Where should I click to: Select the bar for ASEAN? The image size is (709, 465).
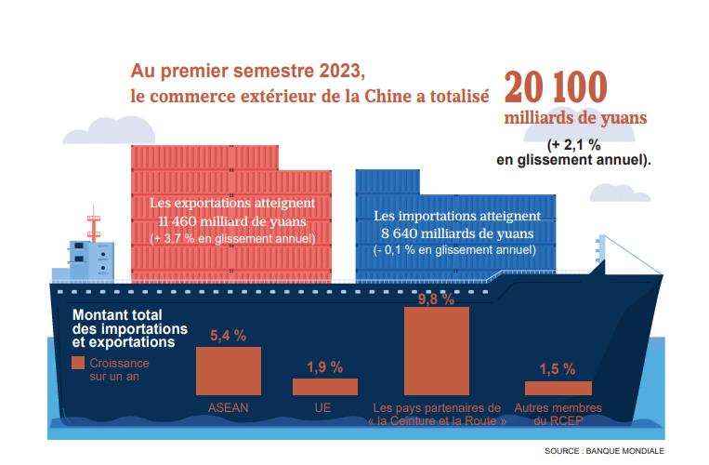(x=228, y=373)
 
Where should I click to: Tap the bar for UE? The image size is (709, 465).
(x=325, y=387)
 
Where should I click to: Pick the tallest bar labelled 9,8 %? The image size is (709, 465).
(x=437, y=352)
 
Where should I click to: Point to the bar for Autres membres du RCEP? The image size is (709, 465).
(x=558, y=388)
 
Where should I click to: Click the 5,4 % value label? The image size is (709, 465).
(x=229, y=336)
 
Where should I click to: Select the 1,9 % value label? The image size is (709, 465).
(x=325, y=365)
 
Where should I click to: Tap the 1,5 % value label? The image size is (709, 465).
(x=557, y=369)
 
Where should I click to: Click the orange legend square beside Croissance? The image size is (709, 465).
(x=78, y=364)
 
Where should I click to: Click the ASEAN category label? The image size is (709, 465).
(x=228, y=408)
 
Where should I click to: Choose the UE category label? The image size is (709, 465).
(x=323, y=408)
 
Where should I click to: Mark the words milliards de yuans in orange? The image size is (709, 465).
(x=575, y=119)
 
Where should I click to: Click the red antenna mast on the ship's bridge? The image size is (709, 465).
(x=92, y=223)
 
